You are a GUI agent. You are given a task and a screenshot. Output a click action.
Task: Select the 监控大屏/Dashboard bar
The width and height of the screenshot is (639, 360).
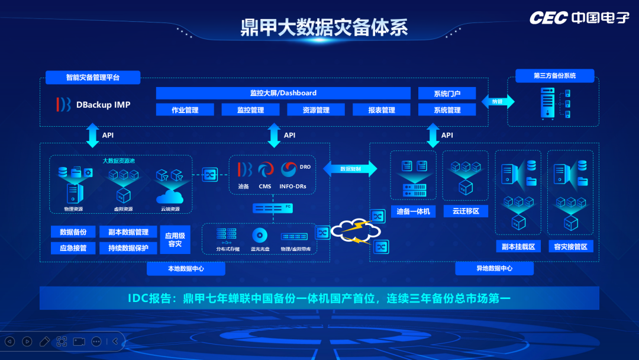coord(283,93)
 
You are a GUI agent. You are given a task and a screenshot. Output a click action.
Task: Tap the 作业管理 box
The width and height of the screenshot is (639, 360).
coord(185,110)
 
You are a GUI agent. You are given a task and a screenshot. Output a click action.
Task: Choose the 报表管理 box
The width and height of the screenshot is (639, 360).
coord(381,110)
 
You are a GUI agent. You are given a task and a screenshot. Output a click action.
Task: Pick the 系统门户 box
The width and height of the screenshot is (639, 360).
coord(447,94)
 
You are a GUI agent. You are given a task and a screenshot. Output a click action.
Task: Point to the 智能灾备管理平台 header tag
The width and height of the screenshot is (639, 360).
coord(93,78)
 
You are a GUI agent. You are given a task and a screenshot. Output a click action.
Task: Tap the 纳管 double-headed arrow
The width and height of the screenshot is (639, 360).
coord(498,101)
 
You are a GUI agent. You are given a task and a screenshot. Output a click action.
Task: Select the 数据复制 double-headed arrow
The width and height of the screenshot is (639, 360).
coord(350,168)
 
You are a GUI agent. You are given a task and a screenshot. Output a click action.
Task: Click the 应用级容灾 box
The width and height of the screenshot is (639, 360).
coord(175,239)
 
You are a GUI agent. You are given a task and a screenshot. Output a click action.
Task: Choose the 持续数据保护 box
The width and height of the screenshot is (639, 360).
coord(128,248)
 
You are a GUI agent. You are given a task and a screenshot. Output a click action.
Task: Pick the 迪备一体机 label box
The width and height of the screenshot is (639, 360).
coord(414,211)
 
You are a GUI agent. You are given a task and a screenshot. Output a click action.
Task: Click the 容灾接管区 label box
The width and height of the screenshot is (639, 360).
coord(570,246)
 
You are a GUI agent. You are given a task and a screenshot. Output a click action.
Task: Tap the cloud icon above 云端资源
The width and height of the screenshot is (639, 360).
coord(170,196)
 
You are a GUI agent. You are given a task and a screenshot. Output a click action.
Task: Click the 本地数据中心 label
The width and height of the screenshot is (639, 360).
coord(186,269)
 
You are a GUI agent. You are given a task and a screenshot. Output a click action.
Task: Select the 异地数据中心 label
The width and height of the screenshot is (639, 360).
coord(494,269)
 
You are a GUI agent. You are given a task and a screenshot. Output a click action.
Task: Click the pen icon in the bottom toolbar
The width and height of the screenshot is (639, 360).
coord(44,341)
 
